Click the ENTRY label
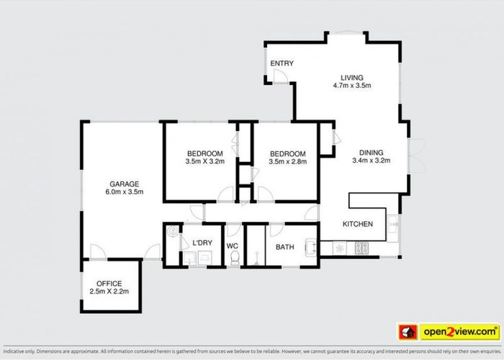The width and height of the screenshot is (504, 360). click(282, 63)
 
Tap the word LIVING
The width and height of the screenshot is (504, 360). click(352, 78)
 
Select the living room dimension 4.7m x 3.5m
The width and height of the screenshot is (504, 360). click(352, 86)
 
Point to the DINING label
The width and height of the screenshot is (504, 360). click(372, 153)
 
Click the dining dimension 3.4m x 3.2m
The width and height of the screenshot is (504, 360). click(372, 161)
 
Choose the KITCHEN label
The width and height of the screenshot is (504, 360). click(357, 224)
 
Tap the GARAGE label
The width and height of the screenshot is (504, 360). click(125, 184)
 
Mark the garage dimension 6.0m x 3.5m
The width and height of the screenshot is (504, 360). click(125, 192)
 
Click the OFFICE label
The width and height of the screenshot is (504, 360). click(109, 283)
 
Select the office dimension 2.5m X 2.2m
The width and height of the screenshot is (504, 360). click(109, 292)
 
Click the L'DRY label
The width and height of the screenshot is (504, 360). click(202, 243)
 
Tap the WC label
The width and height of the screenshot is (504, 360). click(233, 246)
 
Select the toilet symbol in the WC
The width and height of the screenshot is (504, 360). click(235, 260)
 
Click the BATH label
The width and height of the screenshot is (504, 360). click(285, 248)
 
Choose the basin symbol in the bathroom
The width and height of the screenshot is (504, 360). click(310, 247)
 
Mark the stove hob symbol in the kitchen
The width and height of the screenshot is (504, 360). click(363, 248)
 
